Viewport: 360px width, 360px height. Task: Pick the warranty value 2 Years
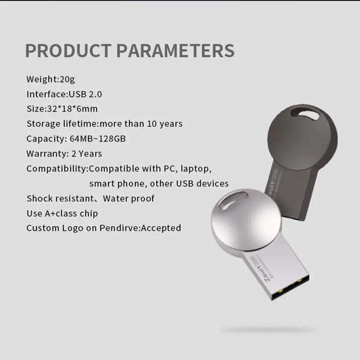[x=87, y=153]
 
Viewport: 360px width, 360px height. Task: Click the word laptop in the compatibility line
[x=195, y=169]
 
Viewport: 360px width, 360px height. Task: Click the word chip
[x=89, y=213]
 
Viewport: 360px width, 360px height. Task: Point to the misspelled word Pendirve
[x=121, y=228]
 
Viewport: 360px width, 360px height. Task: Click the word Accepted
[x=161, y=228]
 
